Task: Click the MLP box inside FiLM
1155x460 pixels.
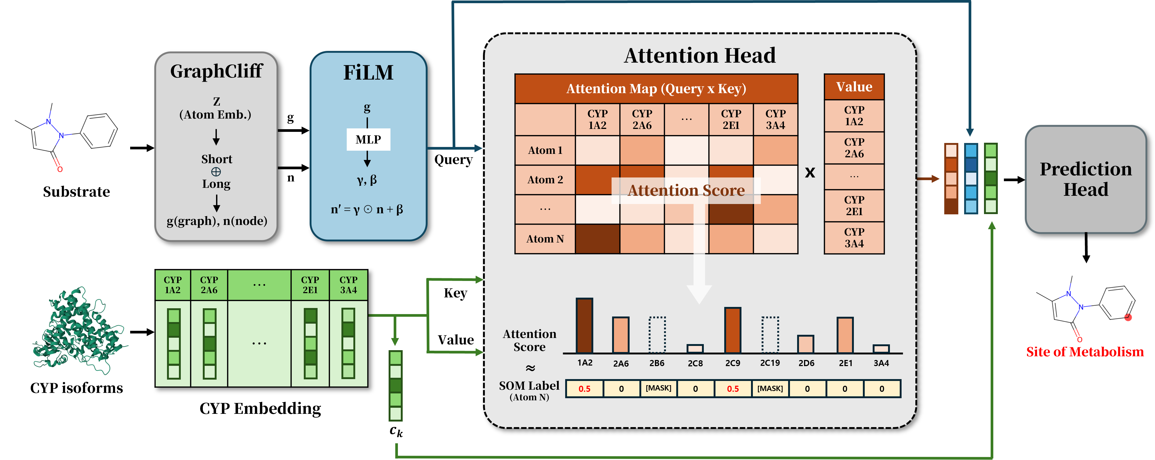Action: coord(368,140)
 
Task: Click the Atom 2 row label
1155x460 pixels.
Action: coord(545,180)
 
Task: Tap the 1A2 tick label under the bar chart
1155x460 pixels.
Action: coord(585,363)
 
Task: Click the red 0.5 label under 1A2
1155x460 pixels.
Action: coord(584,389)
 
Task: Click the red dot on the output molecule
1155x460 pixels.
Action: coord(1128,317)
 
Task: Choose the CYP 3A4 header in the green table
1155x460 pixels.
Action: coord(348,285)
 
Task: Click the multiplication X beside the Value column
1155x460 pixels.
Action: coord(810,172)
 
